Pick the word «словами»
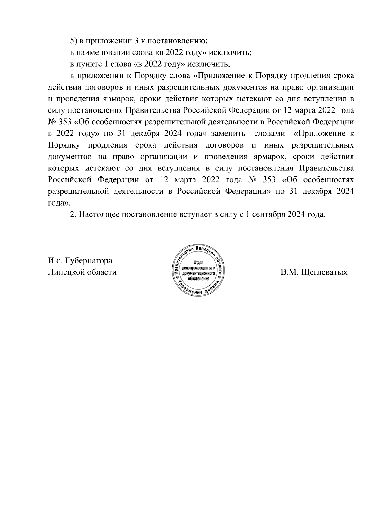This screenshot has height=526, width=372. (269, 134)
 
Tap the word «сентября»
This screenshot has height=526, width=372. (268, 214)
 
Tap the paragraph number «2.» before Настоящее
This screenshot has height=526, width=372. (73, 214)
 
